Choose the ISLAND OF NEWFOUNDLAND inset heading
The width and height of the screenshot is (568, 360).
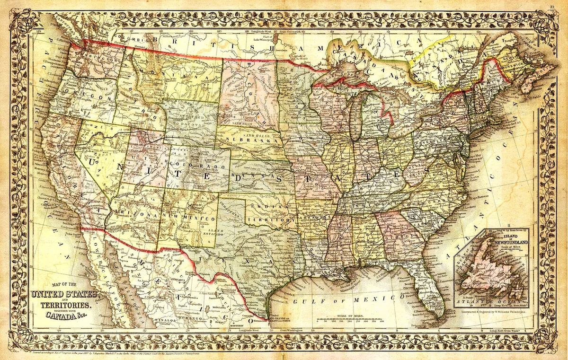point(507,238)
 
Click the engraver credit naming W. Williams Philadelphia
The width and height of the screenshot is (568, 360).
point(495,313)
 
